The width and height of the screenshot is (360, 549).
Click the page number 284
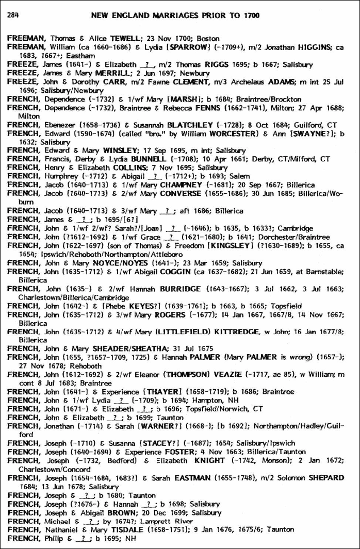tap(13, 15)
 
